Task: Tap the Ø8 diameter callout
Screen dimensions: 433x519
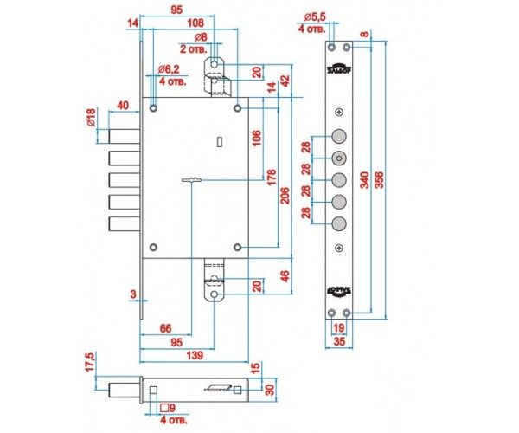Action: pyautogui.click(x=200, y=36)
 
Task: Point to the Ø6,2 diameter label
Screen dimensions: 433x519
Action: pyautogui.click(x=168, y=69)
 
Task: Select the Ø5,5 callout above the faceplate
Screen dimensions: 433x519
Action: pyautogui.click(x=316, y=16)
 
